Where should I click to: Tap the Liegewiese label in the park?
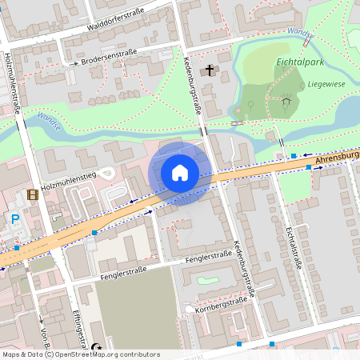(324, 83)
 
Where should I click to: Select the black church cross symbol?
(210, 70)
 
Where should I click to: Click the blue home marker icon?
(180, 173)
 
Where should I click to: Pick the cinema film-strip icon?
(32, 194)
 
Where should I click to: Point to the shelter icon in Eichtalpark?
(285, 101)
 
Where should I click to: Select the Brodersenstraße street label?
(110, 56)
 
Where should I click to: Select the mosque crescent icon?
(97, 347)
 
